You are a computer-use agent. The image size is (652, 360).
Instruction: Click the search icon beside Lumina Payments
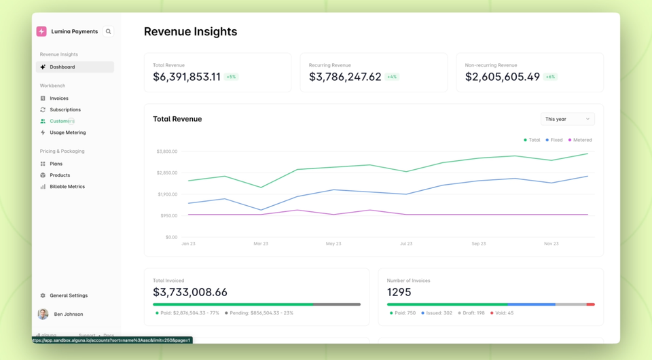click(108, 31)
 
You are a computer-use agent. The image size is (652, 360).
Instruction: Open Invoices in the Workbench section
click(58, 98)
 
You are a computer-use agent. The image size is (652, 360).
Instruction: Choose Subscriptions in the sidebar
click(65, 109)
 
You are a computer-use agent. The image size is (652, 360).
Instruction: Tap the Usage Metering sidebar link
click(67, 132)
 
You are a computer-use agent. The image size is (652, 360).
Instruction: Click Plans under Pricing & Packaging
click(56, 164)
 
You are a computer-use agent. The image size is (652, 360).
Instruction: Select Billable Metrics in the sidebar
click(67, 187)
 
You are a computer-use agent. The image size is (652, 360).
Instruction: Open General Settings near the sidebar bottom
click(68, 295)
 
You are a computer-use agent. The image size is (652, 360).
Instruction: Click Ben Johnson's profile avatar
click(43, 314)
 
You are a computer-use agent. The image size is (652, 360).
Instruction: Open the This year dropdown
click(567, 119)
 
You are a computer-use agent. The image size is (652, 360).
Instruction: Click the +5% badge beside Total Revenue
click(231, 77)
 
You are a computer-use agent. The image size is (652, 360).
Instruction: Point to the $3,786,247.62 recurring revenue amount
click(345, 77)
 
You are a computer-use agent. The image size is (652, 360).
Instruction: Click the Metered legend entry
click(581, 140)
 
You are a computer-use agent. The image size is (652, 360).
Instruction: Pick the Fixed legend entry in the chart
click(556, 140)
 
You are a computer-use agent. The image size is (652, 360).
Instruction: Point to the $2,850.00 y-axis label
click(166, 173)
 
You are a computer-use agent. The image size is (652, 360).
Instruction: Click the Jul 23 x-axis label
click(406, 243)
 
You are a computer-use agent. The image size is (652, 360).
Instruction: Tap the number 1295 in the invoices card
click(399, 292)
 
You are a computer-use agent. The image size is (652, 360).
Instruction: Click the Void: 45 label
click(503, 313)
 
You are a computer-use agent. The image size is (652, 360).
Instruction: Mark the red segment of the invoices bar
click(590, 304)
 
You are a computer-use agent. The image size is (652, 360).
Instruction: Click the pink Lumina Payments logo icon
click(41, 31)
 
